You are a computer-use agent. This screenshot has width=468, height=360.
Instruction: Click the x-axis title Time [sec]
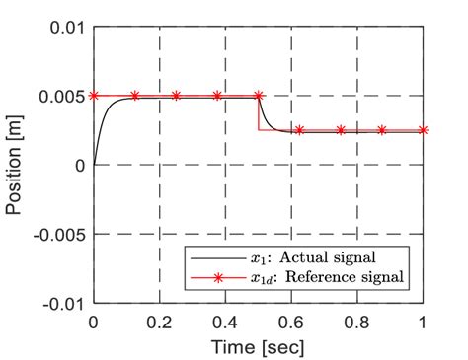click(258, 346)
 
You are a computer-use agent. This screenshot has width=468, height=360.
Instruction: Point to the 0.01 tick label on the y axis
click(66, 27)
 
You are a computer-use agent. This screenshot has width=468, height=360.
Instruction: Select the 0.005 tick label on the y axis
click(61, 96)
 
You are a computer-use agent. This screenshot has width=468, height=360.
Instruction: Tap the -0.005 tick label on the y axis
click(58, 234)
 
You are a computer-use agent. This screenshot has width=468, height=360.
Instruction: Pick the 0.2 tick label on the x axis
click(159, 322)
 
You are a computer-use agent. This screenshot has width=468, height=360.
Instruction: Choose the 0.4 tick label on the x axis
click(225, 322)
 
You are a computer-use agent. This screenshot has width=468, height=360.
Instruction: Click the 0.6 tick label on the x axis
click(291, 322)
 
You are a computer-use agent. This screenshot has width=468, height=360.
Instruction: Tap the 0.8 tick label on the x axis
click(357, 322)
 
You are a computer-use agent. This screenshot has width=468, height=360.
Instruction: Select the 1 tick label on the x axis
click(424, 322)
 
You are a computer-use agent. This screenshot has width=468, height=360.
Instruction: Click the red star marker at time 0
click(94, 96)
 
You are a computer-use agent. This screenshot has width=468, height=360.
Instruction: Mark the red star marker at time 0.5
click(259, 96)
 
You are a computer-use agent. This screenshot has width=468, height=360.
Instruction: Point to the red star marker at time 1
click(424, 130)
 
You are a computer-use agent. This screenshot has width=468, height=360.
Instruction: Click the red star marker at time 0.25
click(176, 96)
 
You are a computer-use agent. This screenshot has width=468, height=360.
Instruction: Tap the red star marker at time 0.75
click(341, 130)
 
